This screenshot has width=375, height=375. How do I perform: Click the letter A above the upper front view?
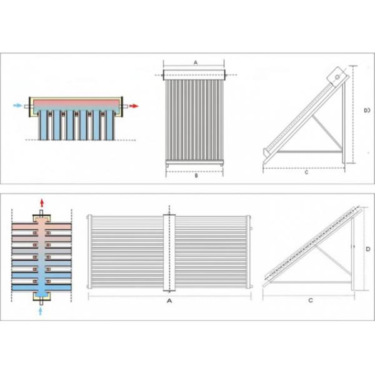(x=196, y=63)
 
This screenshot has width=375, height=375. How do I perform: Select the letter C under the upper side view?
(x=306, y=172)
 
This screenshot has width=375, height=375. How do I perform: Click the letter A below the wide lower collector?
(x=169, y=301)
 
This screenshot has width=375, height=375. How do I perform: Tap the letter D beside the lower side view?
(x=368, y=249)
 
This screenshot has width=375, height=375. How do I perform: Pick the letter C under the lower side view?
(x=310, y=301)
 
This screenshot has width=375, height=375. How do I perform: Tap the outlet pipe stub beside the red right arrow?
(x=127, y=107)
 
